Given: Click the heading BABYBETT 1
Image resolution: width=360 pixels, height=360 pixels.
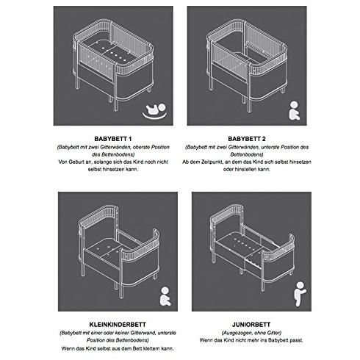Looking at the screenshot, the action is pyautogui.click(x=113, y=139).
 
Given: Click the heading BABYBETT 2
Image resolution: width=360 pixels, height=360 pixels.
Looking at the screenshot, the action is pyautogui.click(x=247, y=139).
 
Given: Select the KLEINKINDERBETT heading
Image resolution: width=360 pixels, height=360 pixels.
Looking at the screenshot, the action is pyautogui.click(x=118, y=325).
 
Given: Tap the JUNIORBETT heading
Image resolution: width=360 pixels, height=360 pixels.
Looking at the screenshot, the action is pyautogui.click(x=251, y=325).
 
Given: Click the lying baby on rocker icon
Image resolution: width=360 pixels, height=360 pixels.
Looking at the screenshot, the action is pyautogui.click(x=155, y=112).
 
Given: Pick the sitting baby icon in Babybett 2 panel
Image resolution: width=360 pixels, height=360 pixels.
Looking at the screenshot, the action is pyautogui.click(x=294, y=110).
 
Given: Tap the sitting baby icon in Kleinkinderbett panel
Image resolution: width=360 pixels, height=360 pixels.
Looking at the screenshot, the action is pyautogui.click(x=165, y=296).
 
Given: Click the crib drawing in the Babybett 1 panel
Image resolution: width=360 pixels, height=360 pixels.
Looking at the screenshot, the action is pyautogui.click(x=113, y=65).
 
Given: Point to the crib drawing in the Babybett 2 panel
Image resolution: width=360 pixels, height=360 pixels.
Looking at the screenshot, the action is pyautogui.click(x=247, y=65).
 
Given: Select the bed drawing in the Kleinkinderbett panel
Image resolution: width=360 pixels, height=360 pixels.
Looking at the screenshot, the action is pyautogui.click(x=119, y=252).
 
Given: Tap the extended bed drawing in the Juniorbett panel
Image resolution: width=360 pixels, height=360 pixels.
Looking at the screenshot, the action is pyautogui.click(x=252, y=248).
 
